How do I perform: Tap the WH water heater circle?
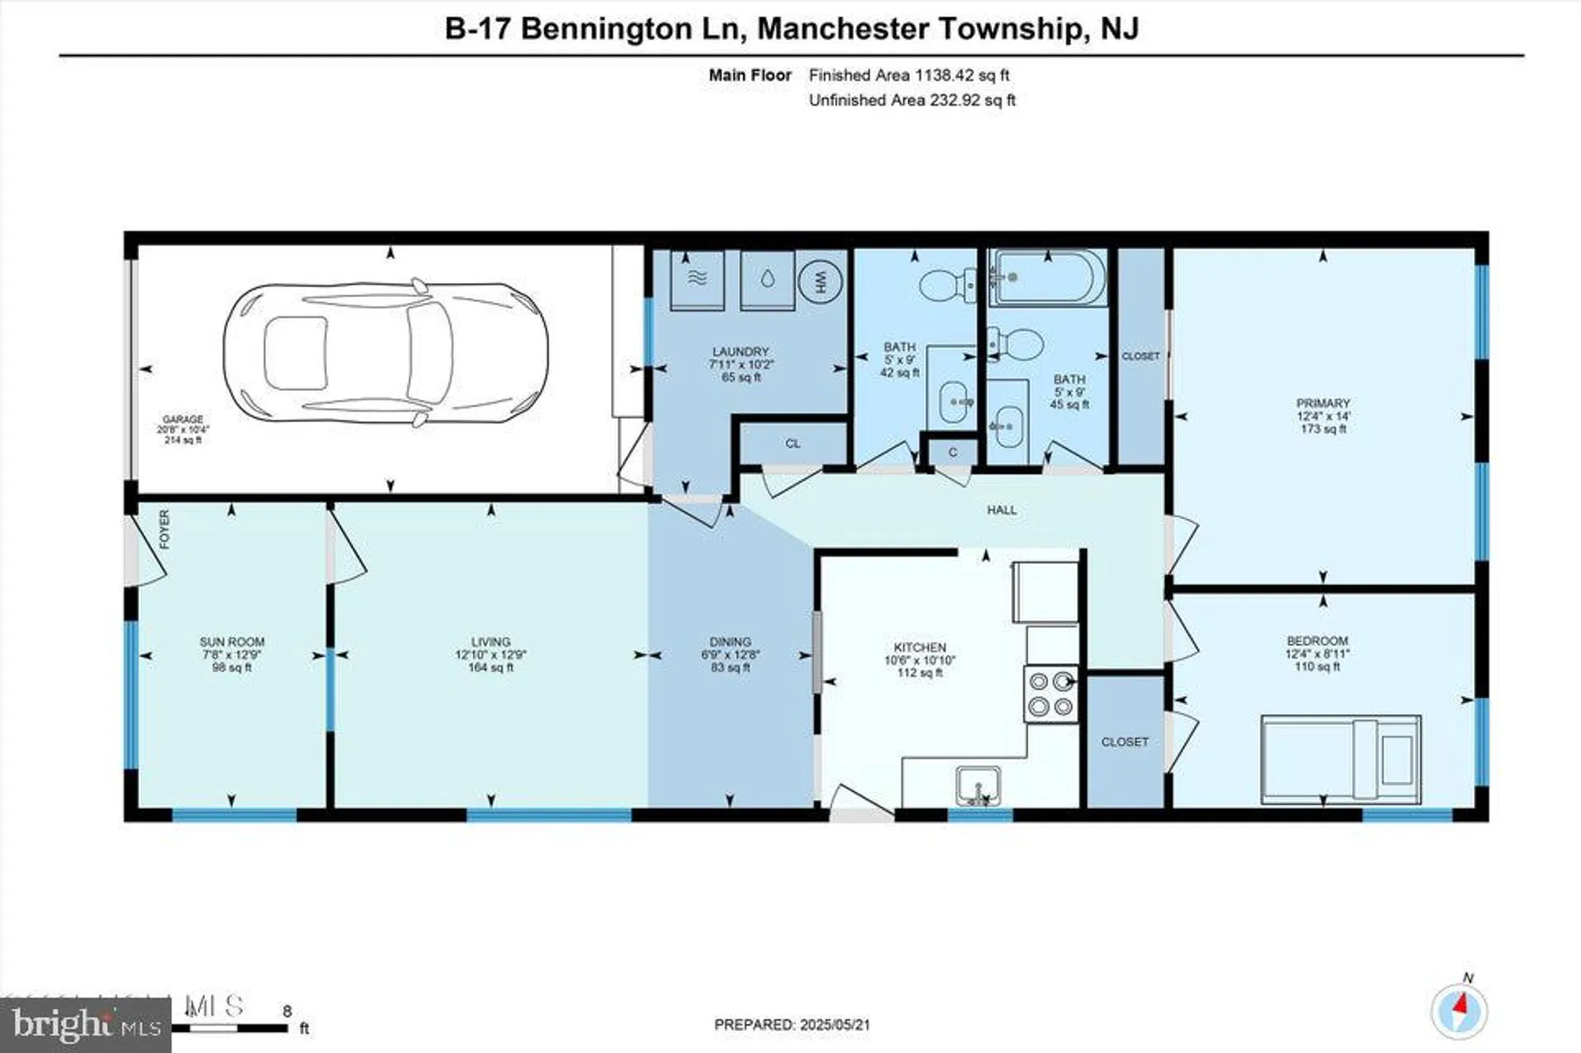(x=820, y=280)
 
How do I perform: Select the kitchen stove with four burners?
(x=1051, y=694)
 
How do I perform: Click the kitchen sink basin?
(x=978, y=785)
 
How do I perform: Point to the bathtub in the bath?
(x=1048, y=277)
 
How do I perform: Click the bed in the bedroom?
(x=1341, y=759)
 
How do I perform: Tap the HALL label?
(x=1002, y=510)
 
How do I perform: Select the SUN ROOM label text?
(x=232, y=642)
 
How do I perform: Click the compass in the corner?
(x=1459, y=1011)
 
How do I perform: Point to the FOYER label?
(x=164, y=528)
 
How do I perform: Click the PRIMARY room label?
(x=1323, y=403)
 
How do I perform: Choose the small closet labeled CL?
(x=793, y=444)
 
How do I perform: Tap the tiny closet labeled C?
(x=953, y=453)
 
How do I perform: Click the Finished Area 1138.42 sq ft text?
(x=909, y=75)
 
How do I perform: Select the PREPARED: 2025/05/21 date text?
(x=792, y=1025)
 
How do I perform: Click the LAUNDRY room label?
(x=741, y=352)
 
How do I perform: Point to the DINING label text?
(x=730, y=642)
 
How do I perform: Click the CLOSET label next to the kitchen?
(x=1124, y=742)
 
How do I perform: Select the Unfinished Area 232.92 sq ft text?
(x=911, y=100)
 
